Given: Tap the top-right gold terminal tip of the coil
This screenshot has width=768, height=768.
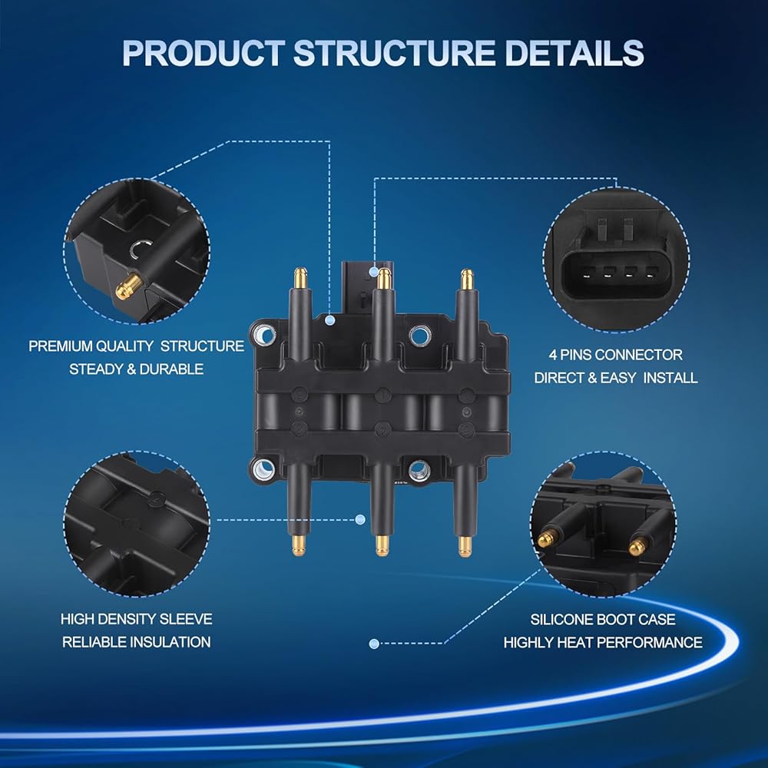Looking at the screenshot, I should click(x=465, y=276).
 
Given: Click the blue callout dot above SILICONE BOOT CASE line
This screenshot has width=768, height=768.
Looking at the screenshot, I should click(x=374, y=644).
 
